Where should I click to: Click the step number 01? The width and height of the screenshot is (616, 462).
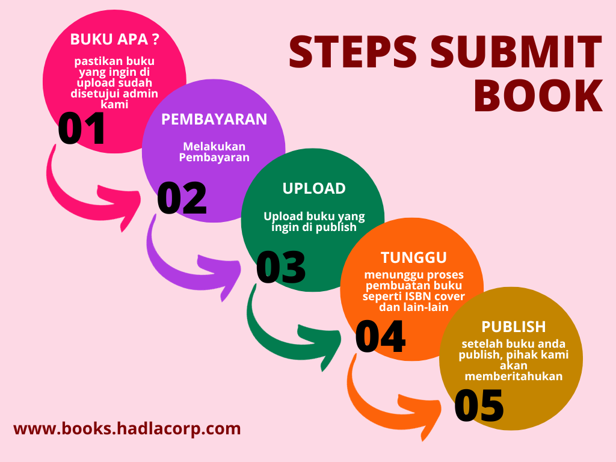[82, 129]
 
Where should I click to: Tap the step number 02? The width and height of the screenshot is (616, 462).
[182, 198]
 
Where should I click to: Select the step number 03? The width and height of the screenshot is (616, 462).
[281, 267]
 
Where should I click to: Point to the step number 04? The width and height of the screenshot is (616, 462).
[380, 337]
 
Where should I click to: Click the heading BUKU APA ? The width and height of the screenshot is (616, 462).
[115, 39]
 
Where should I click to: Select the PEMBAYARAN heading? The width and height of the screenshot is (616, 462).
[214, 119]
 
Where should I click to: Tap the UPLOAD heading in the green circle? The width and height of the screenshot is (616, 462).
[314, 188]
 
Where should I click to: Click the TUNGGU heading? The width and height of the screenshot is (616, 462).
[414, 257]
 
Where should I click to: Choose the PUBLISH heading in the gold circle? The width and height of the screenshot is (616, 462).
[514, 327]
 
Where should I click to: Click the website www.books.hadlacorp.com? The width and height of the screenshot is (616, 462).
[127, 429]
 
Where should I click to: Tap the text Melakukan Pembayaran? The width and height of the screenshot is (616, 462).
[214, 152]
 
